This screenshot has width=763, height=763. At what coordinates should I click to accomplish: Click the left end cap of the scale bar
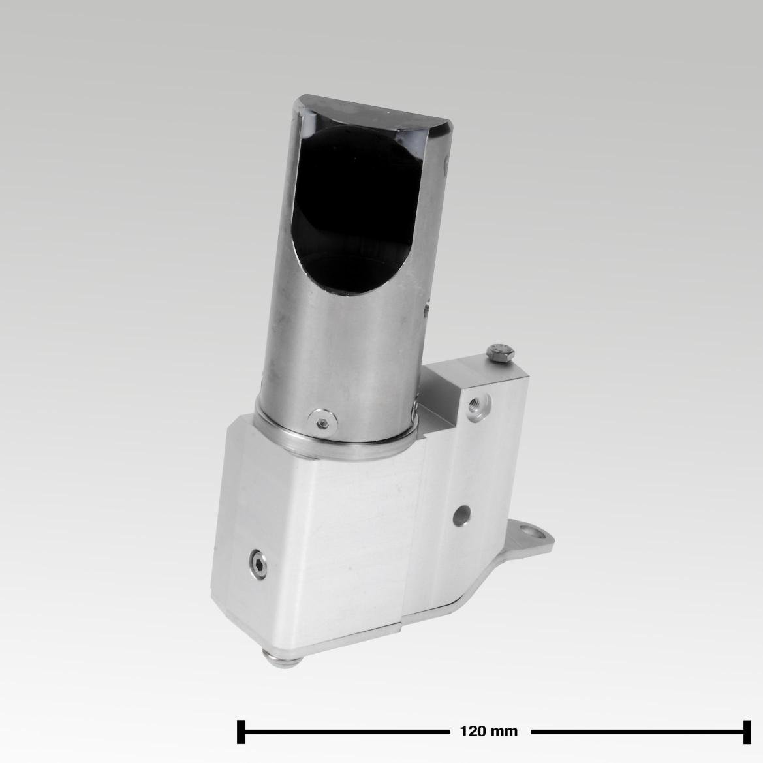(x=241, y=731)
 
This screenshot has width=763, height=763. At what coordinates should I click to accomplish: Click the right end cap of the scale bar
(x=745, y=731)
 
